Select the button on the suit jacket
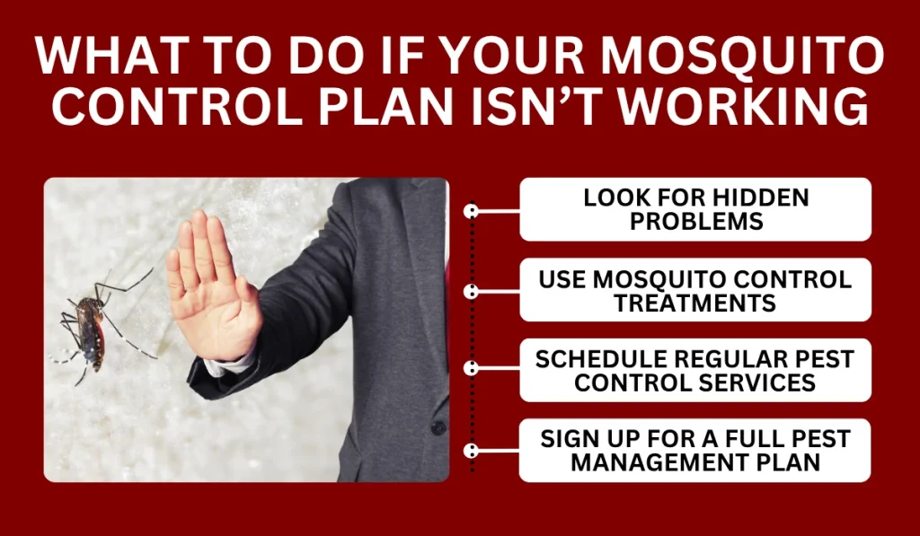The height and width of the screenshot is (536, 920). point(438,427)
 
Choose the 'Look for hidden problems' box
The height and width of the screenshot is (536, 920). point(695,209)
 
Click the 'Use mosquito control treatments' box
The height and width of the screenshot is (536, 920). point(695,290)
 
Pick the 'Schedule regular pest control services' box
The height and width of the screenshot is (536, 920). point(695,370)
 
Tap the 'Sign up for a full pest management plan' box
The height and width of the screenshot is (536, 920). point(695,450)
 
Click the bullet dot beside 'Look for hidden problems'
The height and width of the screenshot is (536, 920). point(471,211)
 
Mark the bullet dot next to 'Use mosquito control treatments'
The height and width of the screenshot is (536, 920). point(471,291)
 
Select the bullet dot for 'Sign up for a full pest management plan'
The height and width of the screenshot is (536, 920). point(471,450)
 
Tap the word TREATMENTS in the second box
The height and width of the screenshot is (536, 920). point(695,303)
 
